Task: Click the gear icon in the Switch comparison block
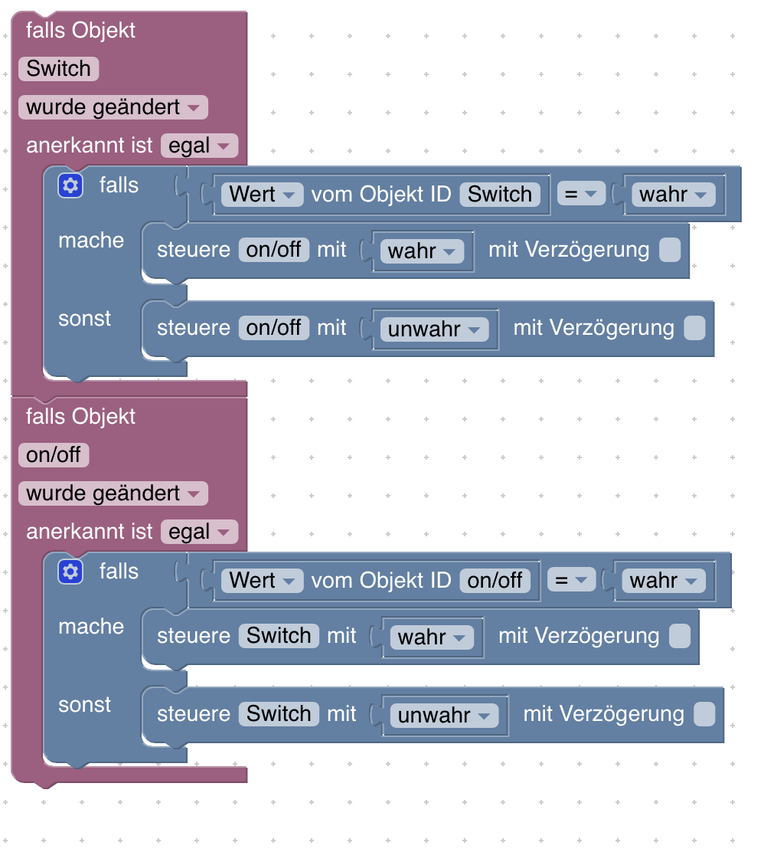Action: (70, 185)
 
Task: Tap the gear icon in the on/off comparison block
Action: (70, 572)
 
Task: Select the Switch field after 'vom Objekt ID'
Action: (499, 195)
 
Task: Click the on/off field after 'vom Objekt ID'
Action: (495, 581)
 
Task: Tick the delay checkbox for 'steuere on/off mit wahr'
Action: (670, 251)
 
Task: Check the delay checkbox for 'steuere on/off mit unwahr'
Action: (694, 329)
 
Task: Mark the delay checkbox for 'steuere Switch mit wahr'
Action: (680, 637)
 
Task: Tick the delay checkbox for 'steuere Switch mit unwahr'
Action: (704, 715)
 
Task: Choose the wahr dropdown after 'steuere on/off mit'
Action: (422, 251)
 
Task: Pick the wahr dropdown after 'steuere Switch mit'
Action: (432, 637)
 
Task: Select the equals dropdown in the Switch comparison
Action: (580, 195)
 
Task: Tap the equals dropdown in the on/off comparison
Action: (570, 581)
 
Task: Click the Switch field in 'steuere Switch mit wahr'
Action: (279, 636)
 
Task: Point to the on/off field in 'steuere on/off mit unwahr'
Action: (274, 328)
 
